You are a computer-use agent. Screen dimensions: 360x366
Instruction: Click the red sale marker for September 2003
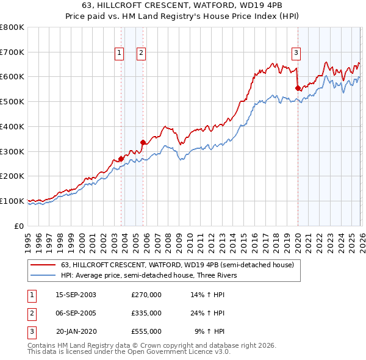(x=121, y=159)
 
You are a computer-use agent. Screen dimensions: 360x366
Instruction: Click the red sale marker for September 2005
(x=142, y=143)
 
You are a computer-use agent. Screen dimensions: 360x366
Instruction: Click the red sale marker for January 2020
(x=298, y=88)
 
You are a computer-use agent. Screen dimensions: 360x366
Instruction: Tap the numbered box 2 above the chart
(x=141, y=54)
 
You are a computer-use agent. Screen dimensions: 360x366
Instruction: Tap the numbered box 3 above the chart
(x=296, y=54)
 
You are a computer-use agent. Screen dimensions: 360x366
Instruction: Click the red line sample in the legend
(x=43, y=265)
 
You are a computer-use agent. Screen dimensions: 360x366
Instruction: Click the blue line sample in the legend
(x=43, y=275)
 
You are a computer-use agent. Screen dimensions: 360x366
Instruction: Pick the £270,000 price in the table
(x=146, y=295)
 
